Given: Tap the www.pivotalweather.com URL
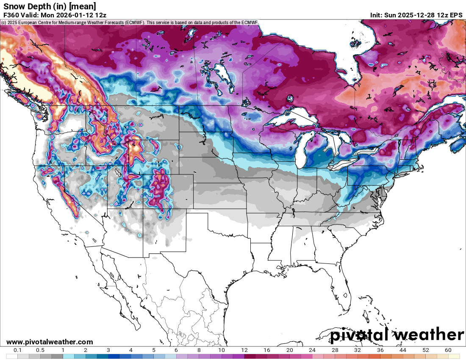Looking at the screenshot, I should (x=50, y=342).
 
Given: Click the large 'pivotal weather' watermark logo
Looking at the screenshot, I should (x=397, y=335).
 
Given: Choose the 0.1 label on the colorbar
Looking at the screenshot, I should (x=18, y=350).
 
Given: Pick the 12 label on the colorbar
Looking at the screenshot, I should (x=244, y=350).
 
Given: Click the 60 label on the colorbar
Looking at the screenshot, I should (x=448, y=350).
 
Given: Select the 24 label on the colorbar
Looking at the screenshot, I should (x=312, y=350).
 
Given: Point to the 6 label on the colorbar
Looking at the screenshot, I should (x=176, y=350).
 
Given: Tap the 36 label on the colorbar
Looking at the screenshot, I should (x=380, y=350).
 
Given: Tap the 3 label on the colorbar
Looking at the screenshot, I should (x=108, y=350).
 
